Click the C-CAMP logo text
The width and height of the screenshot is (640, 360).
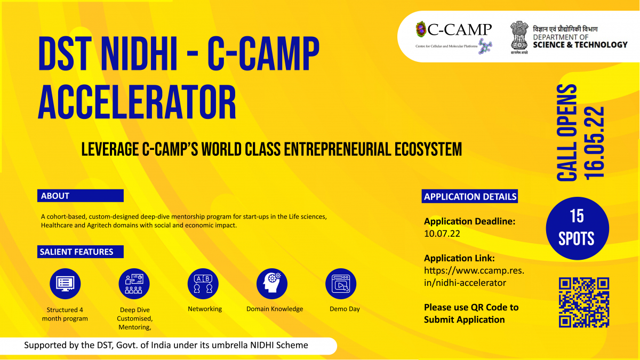(x=459, y=30)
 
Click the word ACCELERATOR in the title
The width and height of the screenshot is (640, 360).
(x=137, y=102)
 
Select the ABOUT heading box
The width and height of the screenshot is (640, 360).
(x=81, y=196)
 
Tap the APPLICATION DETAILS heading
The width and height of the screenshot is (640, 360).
(x=470, y=196)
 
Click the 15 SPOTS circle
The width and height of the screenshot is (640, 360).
(x=577, y=228)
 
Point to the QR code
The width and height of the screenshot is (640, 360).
(x=584, y=302)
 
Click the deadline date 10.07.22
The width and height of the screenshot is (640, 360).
(x=442, y=234)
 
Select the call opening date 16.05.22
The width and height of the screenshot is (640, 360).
(x=594, y=143)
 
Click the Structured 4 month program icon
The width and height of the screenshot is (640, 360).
(x=65, y=284)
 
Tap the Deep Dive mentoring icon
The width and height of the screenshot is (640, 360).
(x=134, y=284)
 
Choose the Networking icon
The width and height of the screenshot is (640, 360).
(x=203, y=284)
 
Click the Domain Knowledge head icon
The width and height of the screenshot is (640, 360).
(x=272, y=284)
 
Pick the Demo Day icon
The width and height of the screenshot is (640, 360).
(x=341, y=284)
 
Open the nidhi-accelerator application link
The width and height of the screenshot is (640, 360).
(x=474, y=277)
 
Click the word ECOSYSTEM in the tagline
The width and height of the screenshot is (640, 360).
(x=428, y=149)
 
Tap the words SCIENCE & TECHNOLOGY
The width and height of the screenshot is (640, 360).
(x=580, y=45)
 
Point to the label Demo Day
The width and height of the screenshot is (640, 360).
(x=345, y=309)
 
